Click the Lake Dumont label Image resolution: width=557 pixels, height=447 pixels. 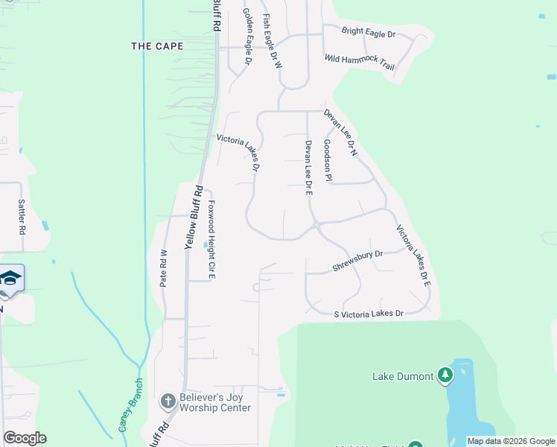click(x=402, y=376)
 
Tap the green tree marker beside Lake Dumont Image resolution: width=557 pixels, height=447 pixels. click(x=445, y=375)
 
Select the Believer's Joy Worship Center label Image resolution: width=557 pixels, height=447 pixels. click(x=215, y=402)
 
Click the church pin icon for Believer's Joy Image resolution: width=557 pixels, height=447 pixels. click(x=168, y=402)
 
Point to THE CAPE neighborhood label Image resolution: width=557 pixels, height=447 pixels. click(x=157, y=46)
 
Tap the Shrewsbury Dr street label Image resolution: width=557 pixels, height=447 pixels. click(x=357, y=260)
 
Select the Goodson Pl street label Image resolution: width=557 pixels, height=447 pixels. click(x=327, y=159)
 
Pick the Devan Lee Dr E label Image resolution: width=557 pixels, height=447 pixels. click(x=308, y=168)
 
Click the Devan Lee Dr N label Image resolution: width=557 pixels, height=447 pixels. click(x=341, y=133)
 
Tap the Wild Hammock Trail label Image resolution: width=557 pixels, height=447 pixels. click(x=359, y=62)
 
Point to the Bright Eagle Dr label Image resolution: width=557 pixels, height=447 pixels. click(x=368, y=33)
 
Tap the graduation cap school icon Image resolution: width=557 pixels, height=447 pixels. click(x=10, y=279)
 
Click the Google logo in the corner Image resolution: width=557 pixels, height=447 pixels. click(x=25, y=438)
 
